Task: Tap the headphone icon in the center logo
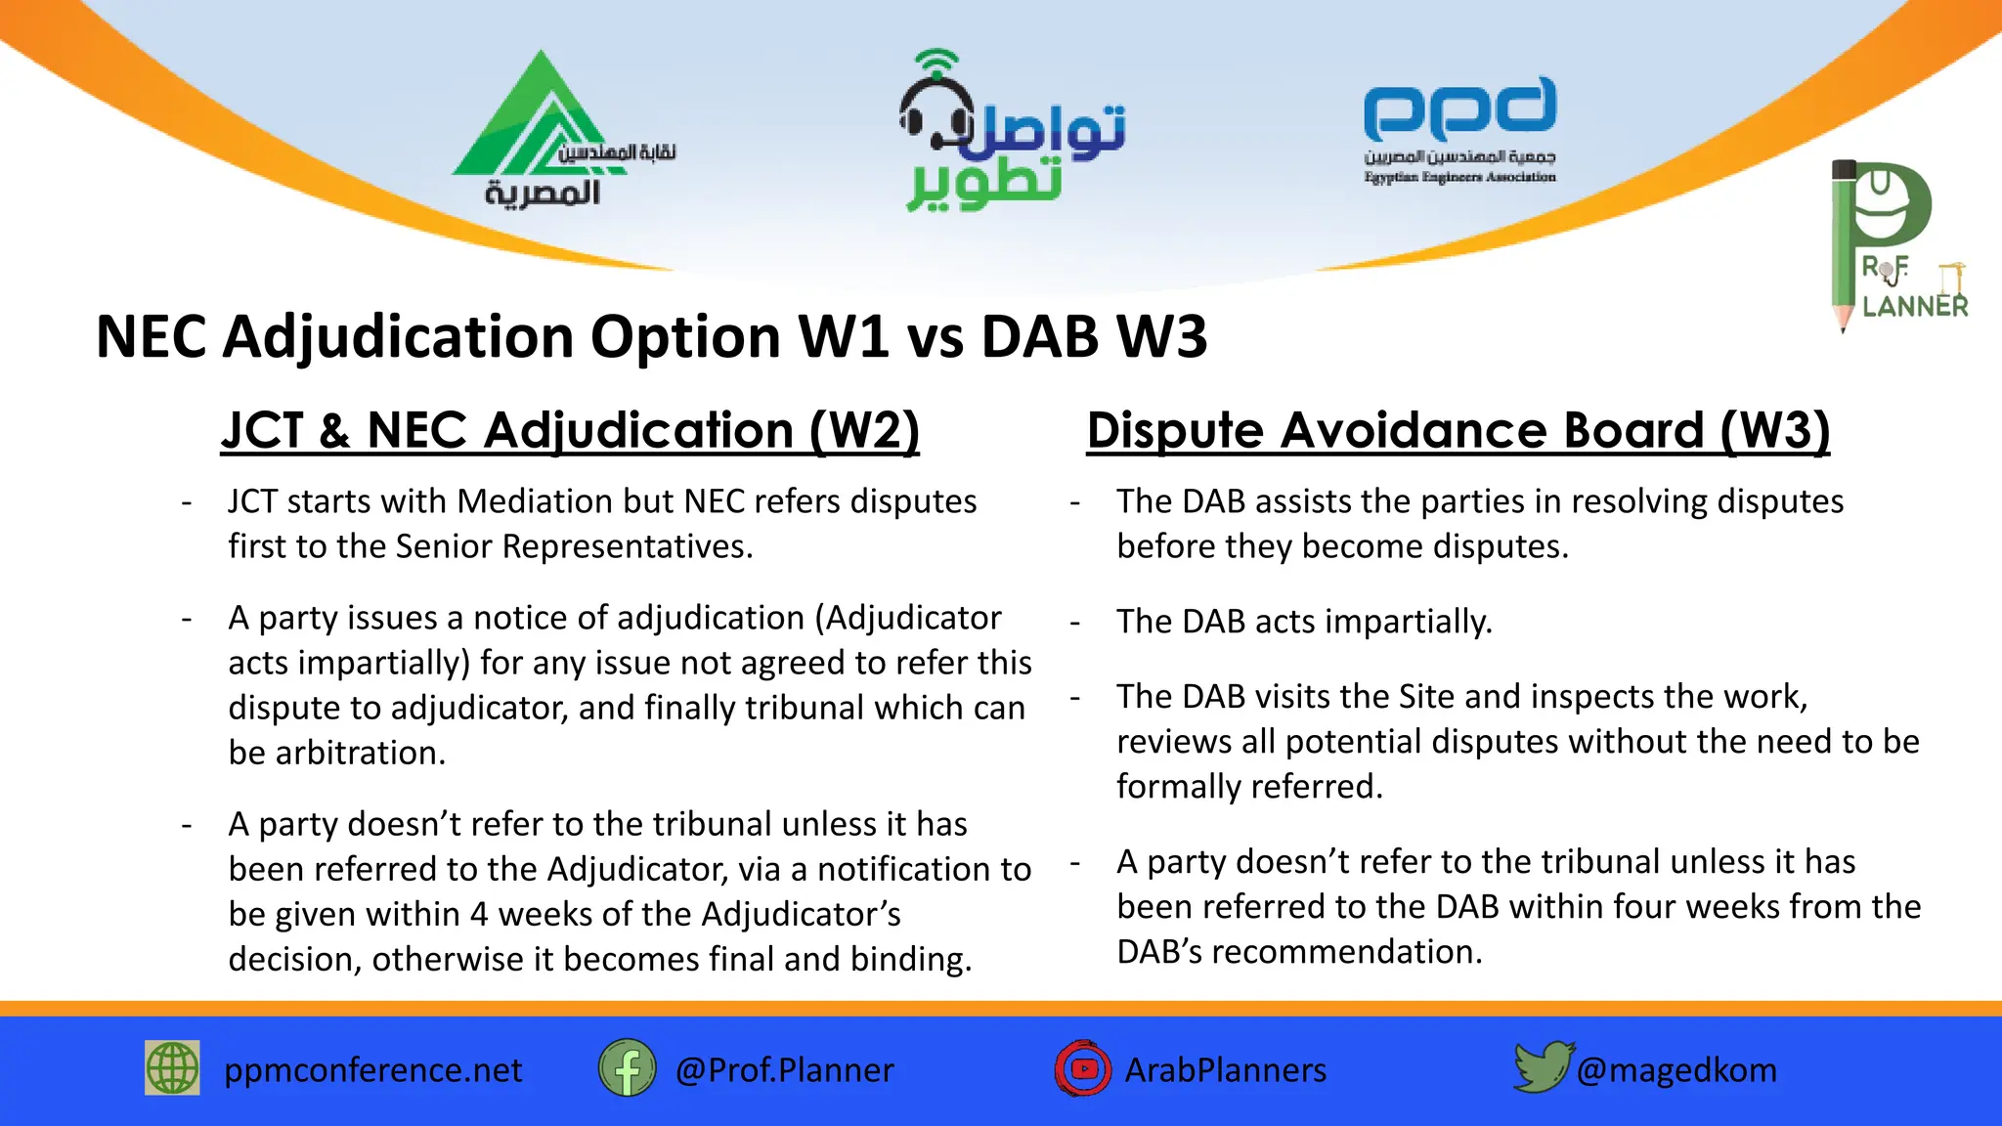click(936, 108)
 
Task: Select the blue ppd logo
click(1459, 108)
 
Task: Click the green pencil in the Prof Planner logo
click(1844, 244)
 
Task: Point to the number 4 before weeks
click(479, 914)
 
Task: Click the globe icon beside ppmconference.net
click(172, 1067)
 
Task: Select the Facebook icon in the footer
click(627, 1067)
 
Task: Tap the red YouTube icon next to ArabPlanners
click(1083, 1068)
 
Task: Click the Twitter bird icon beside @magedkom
click(1542, 1066)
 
